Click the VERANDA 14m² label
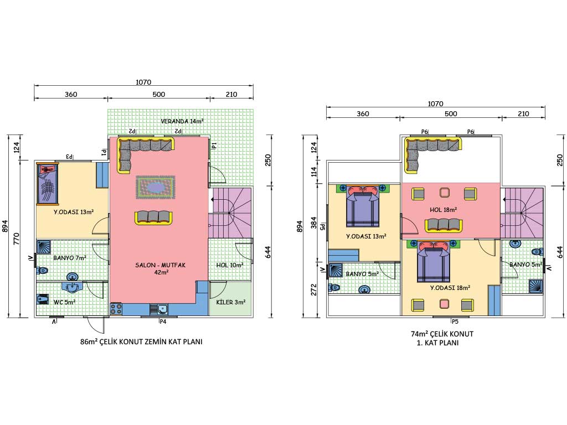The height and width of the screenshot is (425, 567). coord(182,121)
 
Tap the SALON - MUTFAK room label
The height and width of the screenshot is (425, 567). coord(161,268)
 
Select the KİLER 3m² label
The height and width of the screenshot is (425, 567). coord(231,302)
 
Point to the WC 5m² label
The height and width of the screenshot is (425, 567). coord(64,302)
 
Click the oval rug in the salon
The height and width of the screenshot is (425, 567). coord(156,187)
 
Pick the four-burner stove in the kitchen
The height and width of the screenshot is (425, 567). coord(116,308)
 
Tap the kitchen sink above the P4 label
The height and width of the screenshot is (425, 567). coord(159,309)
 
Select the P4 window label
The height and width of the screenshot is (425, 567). coord(163,322)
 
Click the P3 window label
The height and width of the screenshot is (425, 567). coord(69,157)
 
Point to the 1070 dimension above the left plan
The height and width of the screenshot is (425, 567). coord(143,82)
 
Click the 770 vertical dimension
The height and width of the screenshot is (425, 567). coord(17,239)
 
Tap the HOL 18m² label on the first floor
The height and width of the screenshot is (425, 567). coord(444,210)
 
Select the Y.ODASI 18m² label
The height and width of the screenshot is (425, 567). coord(450,288)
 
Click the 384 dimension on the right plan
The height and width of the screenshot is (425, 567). coord(314,222)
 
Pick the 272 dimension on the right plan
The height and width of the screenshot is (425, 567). coord(314,289)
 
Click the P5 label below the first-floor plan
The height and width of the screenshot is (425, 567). coord(455,322)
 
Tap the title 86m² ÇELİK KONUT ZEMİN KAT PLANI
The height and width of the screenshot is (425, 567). coord(141,341)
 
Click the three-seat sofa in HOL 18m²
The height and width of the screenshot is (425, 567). coord(444,225)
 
